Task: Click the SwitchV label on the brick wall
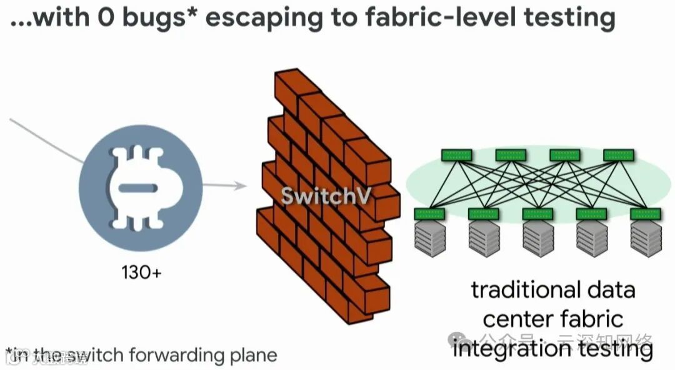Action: tap(326, 195)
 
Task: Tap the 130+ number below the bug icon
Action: tap(142, 273)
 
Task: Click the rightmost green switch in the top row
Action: tap(619, 155)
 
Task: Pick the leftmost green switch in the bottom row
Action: tap(429, 214)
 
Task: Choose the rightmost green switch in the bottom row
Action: tap(646, 214)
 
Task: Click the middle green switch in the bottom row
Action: tap(537, 214)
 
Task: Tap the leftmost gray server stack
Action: tap(429, 239)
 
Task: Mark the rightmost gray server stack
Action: tap(646, 239)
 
